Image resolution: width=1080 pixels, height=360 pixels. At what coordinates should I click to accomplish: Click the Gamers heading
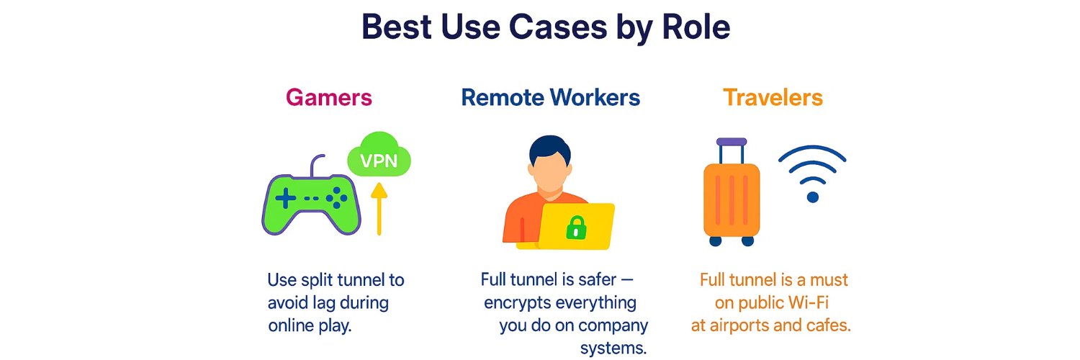click(x=329, y=97)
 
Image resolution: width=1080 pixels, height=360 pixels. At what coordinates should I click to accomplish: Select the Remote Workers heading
click(x=551, y=97)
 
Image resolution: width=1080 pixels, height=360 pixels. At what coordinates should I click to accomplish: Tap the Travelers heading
click(x=773, y=97)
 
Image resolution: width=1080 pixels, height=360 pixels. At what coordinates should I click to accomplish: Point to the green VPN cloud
click(x=379, y=156)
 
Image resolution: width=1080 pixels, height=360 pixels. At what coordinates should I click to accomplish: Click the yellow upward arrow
click(x=379, y=209)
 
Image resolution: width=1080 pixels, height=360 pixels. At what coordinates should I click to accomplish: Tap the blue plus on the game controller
click(x=285, y=198)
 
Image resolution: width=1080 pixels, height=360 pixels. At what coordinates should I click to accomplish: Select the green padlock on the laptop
click(x=576, y=227)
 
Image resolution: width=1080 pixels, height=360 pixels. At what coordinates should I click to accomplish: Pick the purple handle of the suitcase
click(x=732, y=142)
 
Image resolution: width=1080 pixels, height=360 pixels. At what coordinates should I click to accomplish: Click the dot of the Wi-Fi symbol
click(x=813, y=197)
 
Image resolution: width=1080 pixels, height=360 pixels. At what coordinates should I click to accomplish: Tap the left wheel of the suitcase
click(x=716, y=240)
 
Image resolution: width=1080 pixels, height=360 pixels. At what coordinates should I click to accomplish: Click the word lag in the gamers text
click(x=323, y=303)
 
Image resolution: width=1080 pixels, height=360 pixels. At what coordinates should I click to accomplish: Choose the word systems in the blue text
click(x=613, y=348)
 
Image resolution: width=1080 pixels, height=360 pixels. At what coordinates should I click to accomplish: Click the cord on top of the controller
click(x=315, y=166)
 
